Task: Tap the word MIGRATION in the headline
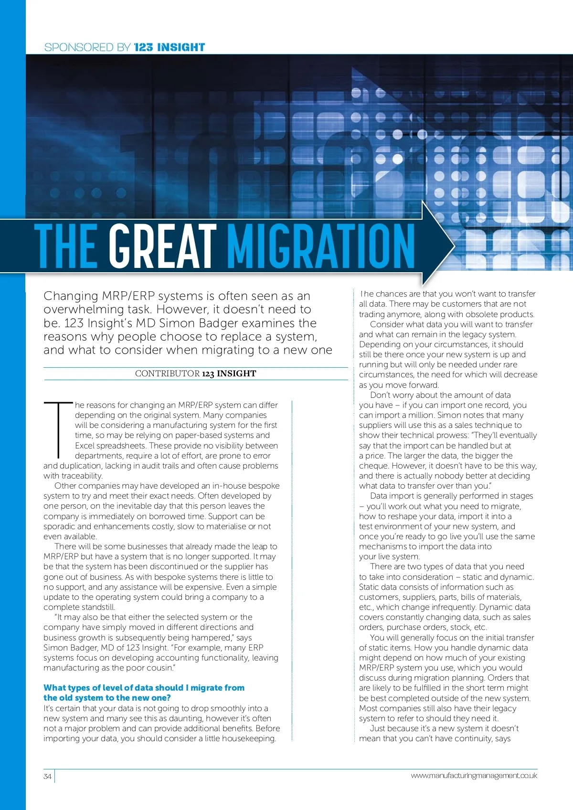tap(320, 246)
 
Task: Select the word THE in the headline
tap(66, 246)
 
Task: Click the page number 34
tap(47, 776)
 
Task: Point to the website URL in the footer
tap(474, 776)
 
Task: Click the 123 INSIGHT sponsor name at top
tap(170, 47)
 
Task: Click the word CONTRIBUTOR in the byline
tap(167, 373)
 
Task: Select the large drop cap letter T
tap(58, 429)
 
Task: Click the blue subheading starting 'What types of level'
tap(144, 693)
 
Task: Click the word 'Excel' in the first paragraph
tap(85, 446)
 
